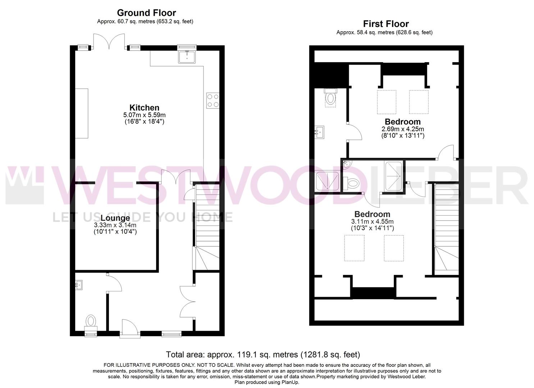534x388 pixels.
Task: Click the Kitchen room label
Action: click(144, 108)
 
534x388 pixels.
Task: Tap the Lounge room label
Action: click(115, 218)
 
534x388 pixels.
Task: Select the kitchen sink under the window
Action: click(187, 57)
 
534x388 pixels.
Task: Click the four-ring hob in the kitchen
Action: click(213, 101)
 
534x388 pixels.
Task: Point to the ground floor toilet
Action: click(91, 323)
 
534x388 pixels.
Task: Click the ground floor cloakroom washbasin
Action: click(79, 285)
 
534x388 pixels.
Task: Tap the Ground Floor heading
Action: click(146, 13)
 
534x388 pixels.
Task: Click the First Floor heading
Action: click(386, 24)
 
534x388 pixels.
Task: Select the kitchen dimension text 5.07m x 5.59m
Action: click(145, 115)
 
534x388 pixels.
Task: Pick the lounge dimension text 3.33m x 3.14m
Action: click(115, 225)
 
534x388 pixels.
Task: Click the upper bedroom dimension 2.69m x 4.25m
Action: click(403, 129)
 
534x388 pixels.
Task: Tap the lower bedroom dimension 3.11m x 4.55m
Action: click(373, 221)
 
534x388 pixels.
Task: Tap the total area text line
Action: click(263, 355)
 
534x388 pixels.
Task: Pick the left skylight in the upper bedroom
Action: click(387, 102)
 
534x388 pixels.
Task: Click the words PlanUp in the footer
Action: click(290, 382)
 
